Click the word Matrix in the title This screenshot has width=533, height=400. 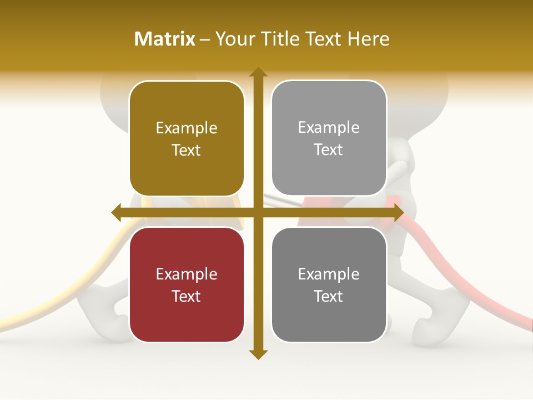(x=165, y=39)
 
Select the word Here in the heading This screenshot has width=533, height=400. (x=368, y=39)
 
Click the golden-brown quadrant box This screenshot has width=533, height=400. (x=187, y=138)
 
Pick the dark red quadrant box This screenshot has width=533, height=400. (x=187, y=284)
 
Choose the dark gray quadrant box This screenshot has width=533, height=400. (x=329, y=284)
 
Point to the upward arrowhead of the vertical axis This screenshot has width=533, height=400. (x=258, y=72)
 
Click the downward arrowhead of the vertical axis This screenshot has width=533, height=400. (x=258, y=354)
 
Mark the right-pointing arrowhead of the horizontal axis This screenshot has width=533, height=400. (x=398, y=212)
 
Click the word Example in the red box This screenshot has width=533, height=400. (x=187, y=274)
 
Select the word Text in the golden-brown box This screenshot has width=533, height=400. (x=187, y=150)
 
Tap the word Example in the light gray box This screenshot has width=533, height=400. (x=329, y=127)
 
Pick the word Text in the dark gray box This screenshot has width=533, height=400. (x=329, y=296)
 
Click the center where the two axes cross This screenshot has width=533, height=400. (x=258, y=212)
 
